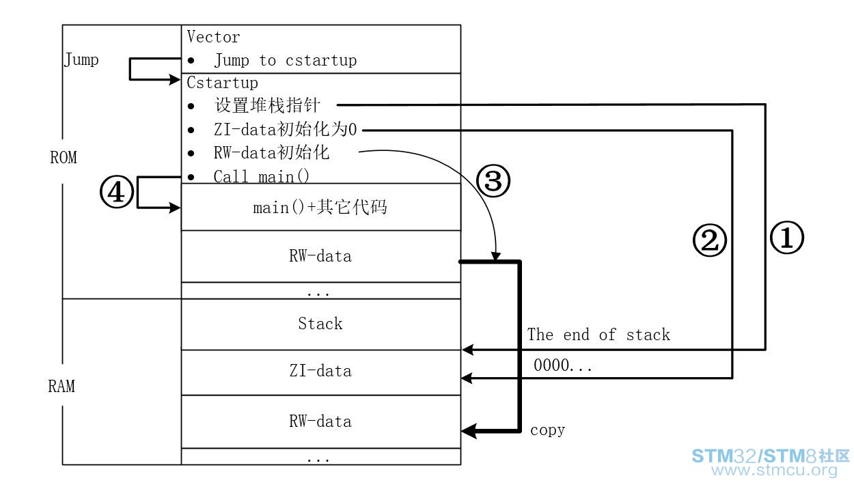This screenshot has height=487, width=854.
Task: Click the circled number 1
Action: (x=787, y=238)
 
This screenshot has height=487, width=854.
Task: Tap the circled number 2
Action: (x=710, y=240)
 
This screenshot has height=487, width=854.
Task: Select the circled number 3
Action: (x=493, y=180)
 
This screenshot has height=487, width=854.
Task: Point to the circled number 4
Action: (x=117, y=192)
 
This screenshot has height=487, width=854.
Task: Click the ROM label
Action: (x=64, y=157)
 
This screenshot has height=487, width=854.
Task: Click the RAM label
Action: (x=61, y=386)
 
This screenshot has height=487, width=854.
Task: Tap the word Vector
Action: (x=213, y=37)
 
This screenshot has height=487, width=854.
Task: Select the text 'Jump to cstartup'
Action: (x=286, y=60)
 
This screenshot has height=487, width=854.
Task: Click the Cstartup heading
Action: (x=222, y=83)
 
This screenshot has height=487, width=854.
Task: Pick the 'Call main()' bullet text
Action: (x=262, y=177)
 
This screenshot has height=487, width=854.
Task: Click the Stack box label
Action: (x=320, y=324)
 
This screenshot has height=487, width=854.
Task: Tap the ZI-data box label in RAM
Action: (x=320, y=371)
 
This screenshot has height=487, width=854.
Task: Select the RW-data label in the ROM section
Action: (x=320, y=255)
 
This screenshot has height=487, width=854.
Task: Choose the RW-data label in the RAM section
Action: (x=320, y=421)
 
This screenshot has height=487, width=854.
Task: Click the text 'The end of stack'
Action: (x=598, y=335)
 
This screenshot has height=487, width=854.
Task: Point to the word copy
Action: (x=547, y=430)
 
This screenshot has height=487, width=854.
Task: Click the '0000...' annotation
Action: (x=563, y=365)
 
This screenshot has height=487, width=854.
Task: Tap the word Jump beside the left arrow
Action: (x=81, y=60)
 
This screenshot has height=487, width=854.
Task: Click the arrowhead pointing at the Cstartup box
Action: (x=175, y=80)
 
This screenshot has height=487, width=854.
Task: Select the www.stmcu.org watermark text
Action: (x=774, y=470)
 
